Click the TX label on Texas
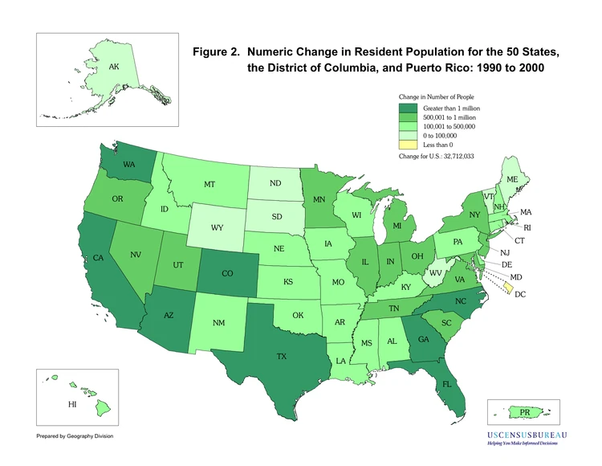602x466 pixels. (282, 355)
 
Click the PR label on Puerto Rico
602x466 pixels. (525, 412)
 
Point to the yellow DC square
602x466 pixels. (508, 288)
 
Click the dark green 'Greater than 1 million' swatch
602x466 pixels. (408, 107)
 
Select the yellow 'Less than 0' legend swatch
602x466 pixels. (408, 145)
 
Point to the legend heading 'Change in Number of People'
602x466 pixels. (442, 96)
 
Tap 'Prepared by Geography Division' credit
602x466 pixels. (75, 436)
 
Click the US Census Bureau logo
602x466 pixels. (527, 438)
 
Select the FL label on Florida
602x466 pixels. (446, 384)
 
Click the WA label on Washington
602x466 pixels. (129, 165)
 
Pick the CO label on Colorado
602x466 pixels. (227, 273)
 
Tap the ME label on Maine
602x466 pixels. (512, 179)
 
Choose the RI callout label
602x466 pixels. (527, 227)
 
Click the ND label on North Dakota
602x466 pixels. (275, 183)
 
